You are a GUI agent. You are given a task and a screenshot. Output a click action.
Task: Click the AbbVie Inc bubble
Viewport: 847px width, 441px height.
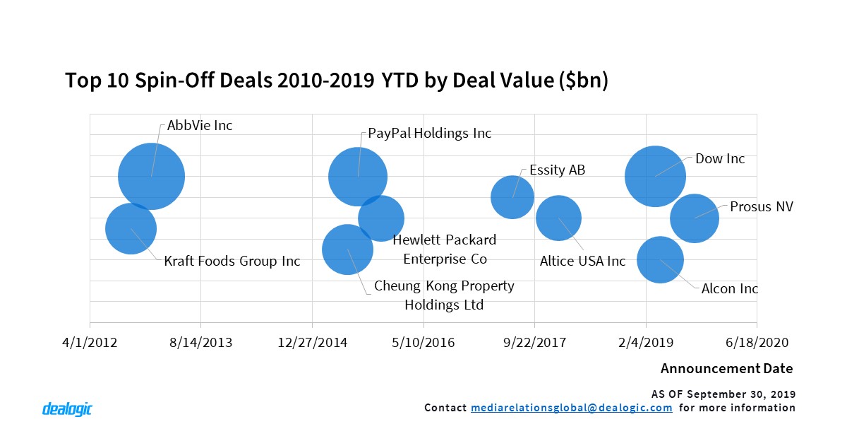(151, 176)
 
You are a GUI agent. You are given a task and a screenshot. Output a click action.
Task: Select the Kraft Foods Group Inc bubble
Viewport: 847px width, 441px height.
(131, 228)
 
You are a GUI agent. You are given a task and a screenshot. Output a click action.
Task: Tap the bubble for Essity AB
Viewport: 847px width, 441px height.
(512, 196)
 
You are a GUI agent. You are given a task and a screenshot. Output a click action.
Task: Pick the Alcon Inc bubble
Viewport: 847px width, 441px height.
(660, 260)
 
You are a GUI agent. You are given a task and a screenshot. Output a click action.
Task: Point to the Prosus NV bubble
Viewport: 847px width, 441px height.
(694, 218)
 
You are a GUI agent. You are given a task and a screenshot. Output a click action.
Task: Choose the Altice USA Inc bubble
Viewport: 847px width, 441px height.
(558, 218)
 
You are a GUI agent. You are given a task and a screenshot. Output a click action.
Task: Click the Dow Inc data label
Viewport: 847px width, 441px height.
(720, 159)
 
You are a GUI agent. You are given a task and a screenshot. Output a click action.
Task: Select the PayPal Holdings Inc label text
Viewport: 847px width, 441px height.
(430, 134)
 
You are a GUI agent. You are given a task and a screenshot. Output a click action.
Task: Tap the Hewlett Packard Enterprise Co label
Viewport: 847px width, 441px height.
(445, 249)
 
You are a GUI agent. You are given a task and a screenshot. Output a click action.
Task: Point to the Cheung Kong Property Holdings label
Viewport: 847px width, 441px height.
(444, 295)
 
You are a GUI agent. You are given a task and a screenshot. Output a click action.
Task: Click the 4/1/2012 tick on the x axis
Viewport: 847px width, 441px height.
(90, 342)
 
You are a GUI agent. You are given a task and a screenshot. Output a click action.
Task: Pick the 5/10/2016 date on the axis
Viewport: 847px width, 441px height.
(423, 342)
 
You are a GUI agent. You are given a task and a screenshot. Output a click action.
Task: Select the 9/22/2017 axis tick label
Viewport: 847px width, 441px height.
(534, 342)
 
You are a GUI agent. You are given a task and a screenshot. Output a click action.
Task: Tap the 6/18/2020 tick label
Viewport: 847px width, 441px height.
(757, 342)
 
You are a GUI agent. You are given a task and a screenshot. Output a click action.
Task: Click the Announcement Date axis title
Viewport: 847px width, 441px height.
(726, 369)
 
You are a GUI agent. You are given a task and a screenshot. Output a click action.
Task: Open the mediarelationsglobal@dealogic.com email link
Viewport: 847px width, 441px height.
(571, 408)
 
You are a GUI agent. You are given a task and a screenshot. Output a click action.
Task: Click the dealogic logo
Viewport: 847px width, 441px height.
(67, 408)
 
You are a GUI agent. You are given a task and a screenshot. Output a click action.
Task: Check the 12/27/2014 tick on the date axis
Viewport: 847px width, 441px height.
(312, 342)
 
